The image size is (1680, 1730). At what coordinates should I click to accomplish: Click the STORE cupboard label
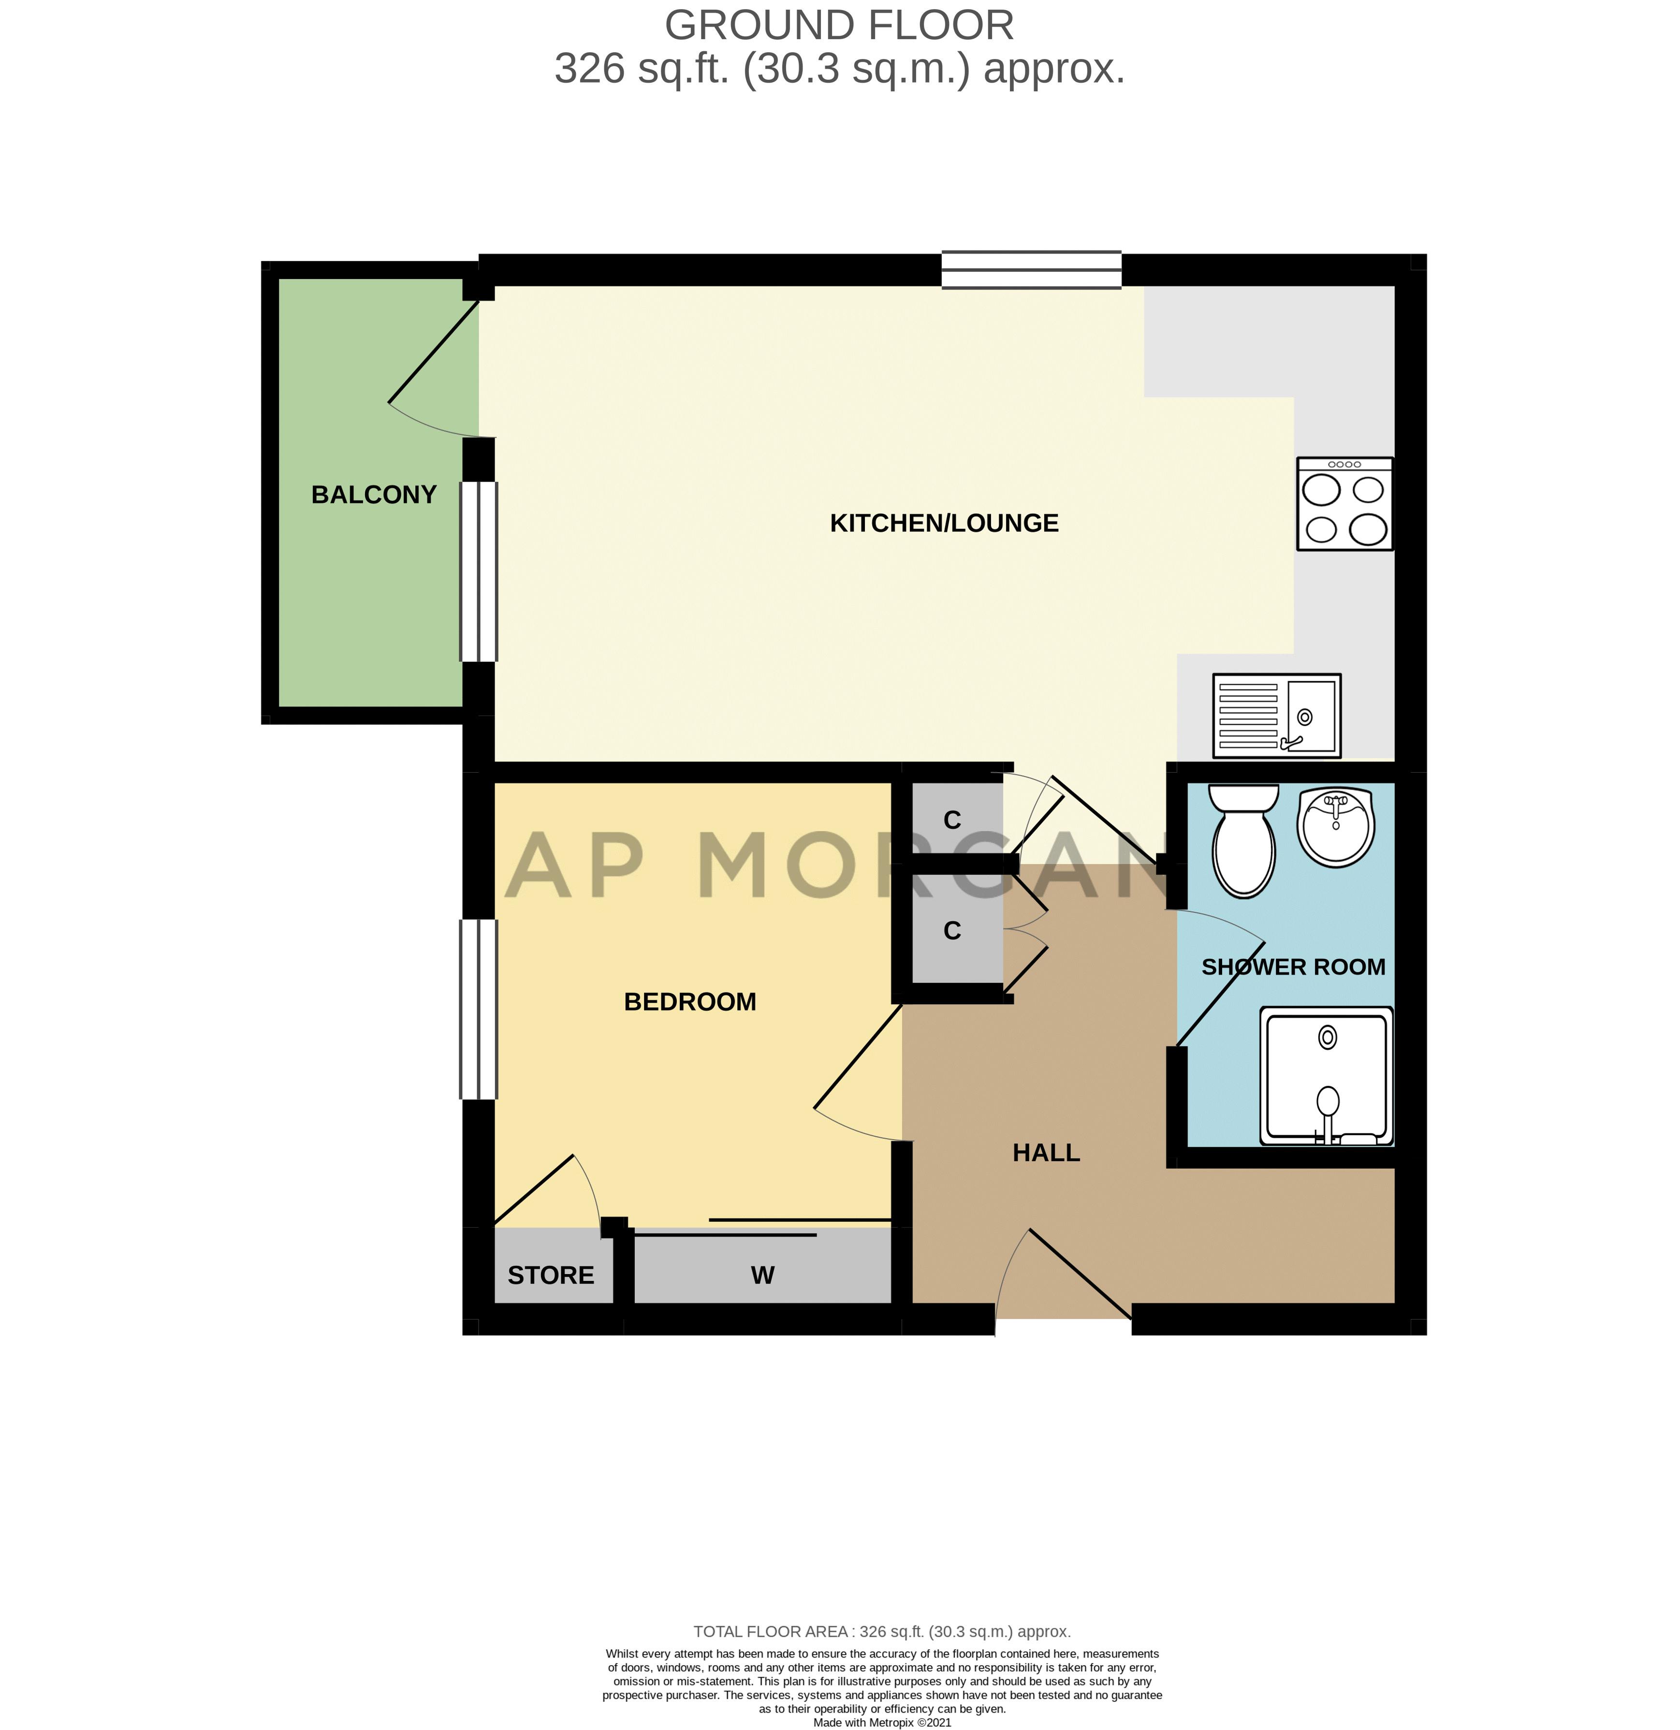pos(551,1276)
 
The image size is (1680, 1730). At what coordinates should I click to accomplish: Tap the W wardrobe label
pos(762,1276)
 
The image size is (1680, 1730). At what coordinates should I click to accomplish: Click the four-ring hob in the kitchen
pos(1344,504)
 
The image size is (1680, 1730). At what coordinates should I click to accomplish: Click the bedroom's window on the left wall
pos(478,1009)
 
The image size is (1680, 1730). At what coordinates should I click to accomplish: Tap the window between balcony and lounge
pos(478,571)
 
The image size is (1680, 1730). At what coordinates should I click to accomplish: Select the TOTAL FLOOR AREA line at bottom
pos(881,1631)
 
